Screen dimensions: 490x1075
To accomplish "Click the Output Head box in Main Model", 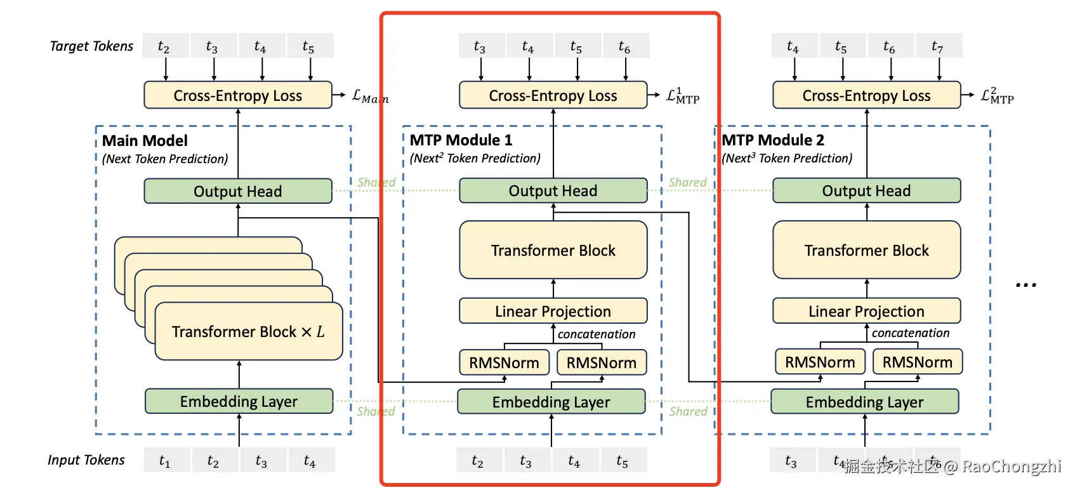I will (238, 191).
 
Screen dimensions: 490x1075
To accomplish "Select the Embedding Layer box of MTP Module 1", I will (551, 402).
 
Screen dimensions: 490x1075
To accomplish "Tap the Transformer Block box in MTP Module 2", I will (866, 250).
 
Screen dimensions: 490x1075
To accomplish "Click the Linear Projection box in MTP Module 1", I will (553, 311).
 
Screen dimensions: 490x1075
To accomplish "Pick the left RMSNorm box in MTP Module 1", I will (504, 362).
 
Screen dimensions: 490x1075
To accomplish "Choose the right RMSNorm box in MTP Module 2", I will (917, 362).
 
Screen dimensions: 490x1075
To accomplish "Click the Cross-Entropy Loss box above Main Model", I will (238, 95).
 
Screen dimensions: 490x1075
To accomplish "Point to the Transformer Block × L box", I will (248, 331).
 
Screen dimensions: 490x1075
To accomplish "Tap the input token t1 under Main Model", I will (165, 460).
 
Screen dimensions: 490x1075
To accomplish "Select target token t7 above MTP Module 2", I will (937, 46).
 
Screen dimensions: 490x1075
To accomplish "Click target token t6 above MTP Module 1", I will (624, 46).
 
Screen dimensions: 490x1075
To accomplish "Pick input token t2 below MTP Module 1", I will (478, 460).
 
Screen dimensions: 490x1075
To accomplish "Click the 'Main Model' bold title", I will (145, 140).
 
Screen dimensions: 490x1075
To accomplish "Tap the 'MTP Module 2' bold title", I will (773, 140).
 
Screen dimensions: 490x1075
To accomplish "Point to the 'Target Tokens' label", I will (91, 46).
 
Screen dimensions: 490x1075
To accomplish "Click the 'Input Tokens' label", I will (86, 460).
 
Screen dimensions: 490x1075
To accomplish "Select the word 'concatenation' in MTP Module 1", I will (597, 334).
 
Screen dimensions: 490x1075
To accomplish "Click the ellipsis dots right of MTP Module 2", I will (1026, 285).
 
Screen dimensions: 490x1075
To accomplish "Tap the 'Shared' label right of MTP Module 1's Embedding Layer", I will (688, 411).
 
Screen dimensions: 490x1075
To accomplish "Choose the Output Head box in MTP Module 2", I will (866, 190).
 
